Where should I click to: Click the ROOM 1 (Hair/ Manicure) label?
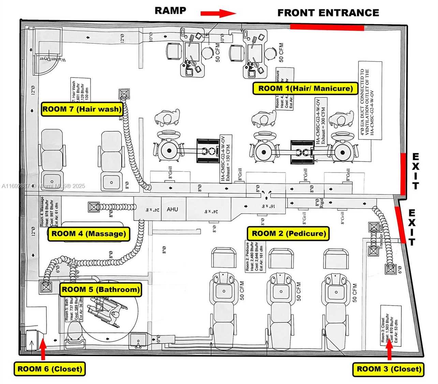click(x=305, y=89)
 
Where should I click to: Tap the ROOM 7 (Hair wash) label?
click(x=82, y=109)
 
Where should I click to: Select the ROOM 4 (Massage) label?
click(x=89, y=234)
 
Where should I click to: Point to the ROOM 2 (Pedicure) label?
click(x=289, y=234)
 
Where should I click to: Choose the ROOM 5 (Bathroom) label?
click(x=100, y=290)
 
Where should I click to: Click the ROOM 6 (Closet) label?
click(x=50, y=369)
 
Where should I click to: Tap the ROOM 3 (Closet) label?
click(x=388, y=369)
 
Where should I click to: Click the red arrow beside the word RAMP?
click(x=218, y=14)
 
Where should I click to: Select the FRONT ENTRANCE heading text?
click(x=328, y=13)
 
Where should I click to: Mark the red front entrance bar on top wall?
click(x=327, y=28)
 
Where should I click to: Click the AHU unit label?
click(x=172, y=209)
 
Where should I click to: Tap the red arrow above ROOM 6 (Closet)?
click(x=43, y=349)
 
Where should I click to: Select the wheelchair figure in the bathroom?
click(x=107, y=310)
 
